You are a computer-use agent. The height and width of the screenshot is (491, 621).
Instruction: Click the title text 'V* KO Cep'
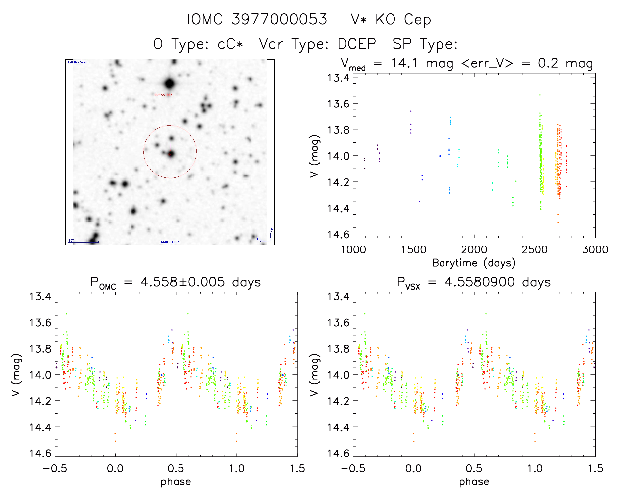pos(391,20)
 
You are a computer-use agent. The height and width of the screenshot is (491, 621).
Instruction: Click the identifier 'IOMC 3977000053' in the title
pos(257,20)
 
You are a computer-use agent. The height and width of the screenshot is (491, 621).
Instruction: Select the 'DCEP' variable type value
pos(357,44)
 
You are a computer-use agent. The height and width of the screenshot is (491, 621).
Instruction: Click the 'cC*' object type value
pos(230,44)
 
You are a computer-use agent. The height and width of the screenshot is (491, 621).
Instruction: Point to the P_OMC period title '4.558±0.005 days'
pos(201,282)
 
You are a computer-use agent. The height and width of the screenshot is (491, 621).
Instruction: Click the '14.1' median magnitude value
pos(404,63)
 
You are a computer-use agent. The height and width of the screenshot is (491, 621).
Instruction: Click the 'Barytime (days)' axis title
pos(474,263)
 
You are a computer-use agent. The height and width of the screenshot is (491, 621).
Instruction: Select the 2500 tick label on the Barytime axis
pos(535,250)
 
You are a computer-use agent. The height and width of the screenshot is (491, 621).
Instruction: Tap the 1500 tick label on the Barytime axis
pos(414,250)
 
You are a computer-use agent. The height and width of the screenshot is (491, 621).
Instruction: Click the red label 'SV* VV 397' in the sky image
pos(163,95)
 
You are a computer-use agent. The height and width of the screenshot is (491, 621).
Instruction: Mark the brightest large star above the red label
pos(169,83)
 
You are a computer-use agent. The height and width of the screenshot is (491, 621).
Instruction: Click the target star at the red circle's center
pos(171,153)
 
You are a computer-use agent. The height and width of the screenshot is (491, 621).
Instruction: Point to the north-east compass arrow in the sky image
pos(270,235)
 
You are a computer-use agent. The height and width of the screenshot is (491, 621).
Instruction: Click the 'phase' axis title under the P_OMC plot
pos(176,482)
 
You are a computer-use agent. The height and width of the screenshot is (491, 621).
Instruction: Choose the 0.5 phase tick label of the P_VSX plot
pos(474,468)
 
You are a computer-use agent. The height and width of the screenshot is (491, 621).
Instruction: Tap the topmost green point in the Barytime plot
pos(540,95)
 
